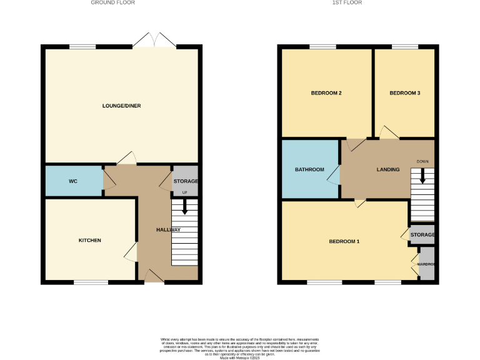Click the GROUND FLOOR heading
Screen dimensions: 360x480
(x=112, y=2)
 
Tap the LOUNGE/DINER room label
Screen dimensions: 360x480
(x=121, y=106)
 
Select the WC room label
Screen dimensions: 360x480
(x=72, y=181)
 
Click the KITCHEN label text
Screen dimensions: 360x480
(x=89, y=241)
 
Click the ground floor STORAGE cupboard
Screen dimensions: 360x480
(x=185, y=181)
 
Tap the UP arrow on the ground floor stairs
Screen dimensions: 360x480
(x=184, y=207)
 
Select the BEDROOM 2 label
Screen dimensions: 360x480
(x=326, y=93)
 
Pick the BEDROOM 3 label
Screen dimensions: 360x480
(x=404, y=93)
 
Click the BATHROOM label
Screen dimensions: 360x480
(x=309, y=169)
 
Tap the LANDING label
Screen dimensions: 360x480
(x=387, y=169)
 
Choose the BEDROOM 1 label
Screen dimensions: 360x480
(x=344, y=241)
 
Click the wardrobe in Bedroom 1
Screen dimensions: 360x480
(x=426, y=264)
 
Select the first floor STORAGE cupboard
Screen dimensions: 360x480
(x=422, y=234)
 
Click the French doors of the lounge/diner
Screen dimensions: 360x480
(x=154, y=41)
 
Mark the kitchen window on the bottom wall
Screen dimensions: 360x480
(x=91, y=282)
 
